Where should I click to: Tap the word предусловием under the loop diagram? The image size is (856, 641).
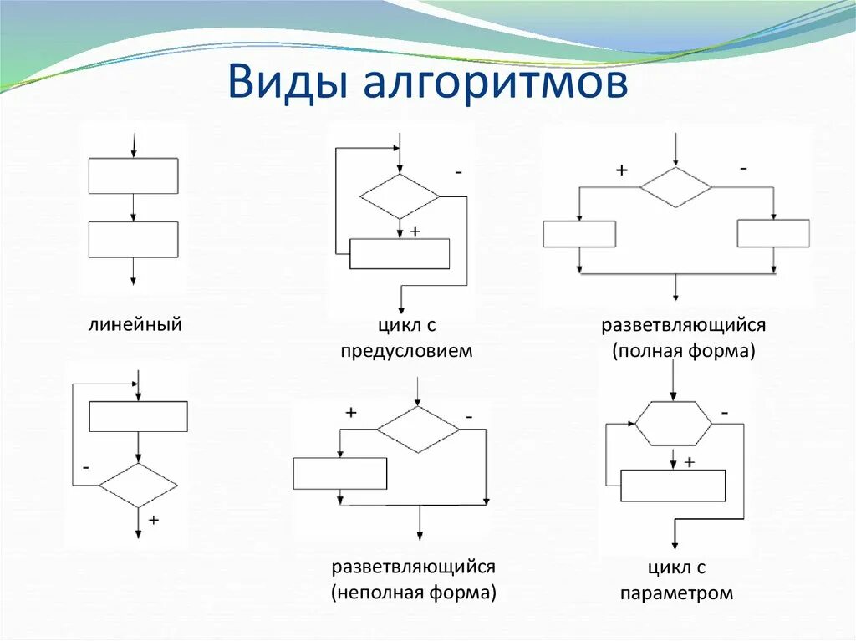tap(406, 351)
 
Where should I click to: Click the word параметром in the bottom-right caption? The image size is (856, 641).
tap(677, 594)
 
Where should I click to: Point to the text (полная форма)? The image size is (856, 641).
tap(683, 351)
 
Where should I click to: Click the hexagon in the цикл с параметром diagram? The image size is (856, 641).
tap(674, 424)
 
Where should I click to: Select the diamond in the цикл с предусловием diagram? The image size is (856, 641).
tap(400, 196)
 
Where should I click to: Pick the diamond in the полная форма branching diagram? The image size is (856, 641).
tap(675, 187)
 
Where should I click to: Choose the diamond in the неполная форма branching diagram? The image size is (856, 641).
tap(418, 430)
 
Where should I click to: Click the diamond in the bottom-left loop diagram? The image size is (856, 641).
tap(138, 486)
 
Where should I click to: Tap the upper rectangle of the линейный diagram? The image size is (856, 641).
tap(133, 176)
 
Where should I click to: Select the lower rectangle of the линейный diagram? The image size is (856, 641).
tap(133, 239)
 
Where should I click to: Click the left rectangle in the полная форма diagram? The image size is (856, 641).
tap(579, 234)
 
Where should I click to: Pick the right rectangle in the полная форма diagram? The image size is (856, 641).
tap(773, 233)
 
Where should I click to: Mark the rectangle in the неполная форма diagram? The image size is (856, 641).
tap(340, 474)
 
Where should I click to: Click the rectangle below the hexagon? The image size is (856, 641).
tap(673, 486)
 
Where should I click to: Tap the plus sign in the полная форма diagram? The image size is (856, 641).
tap(621, 170)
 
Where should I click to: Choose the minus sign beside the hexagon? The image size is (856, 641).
tap(724, 412)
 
